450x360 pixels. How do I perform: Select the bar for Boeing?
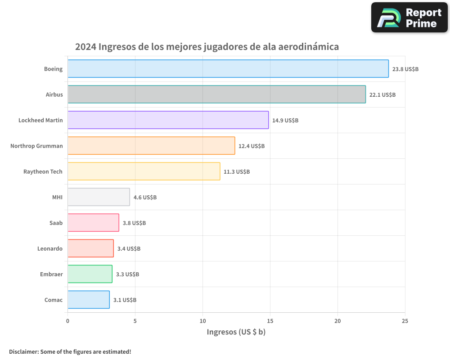click(x=228, y=69)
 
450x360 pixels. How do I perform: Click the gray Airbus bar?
click(x=216, y=94)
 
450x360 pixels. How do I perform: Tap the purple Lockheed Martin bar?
click(x=168, y=120)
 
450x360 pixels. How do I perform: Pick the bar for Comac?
click(x=89, y=300)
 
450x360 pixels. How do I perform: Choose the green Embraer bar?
click(x=90, y=274)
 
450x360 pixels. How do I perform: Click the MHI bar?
click(x=99, y=197)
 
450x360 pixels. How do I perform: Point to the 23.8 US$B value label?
click(x=405, y=69)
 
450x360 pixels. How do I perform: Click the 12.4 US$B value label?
click(x=252, y=146)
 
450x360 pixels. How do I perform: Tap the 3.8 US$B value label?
click(x=134, y=223)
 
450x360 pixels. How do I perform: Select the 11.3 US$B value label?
click(x=236, y=172)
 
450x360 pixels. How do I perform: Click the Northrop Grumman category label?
click(x=36, y=146)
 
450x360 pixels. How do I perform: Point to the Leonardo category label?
click(x=50, y=248)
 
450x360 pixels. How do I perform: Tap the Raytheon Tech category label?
click(x=43, y=171)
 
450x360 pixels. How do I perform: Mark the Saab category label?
click(x=56, y=223)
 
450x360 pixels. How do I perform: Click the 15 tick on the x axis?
click(x=270, y=321)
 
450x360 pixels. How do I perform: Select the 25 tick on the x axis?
click(x=405, y=321)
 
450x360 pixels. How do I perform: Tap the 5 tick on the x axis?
click(x=135, y=321)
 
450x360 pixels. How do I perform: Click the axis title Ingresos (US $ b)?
click(x=236, y=332)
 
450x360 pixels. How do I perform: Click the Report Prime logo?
click(x=409, y=18)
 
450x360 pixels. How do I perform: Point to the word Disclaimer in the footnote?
click(x=23, y=351)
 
